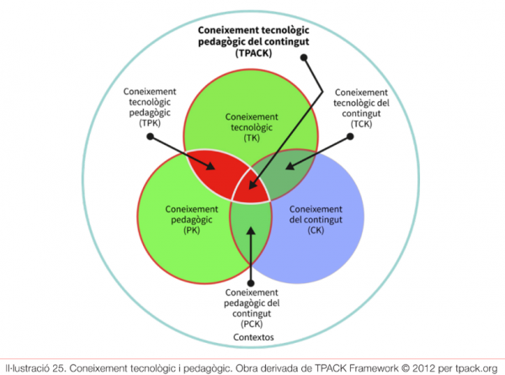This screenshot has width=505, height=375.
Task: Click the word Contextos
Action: [252, 340]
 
